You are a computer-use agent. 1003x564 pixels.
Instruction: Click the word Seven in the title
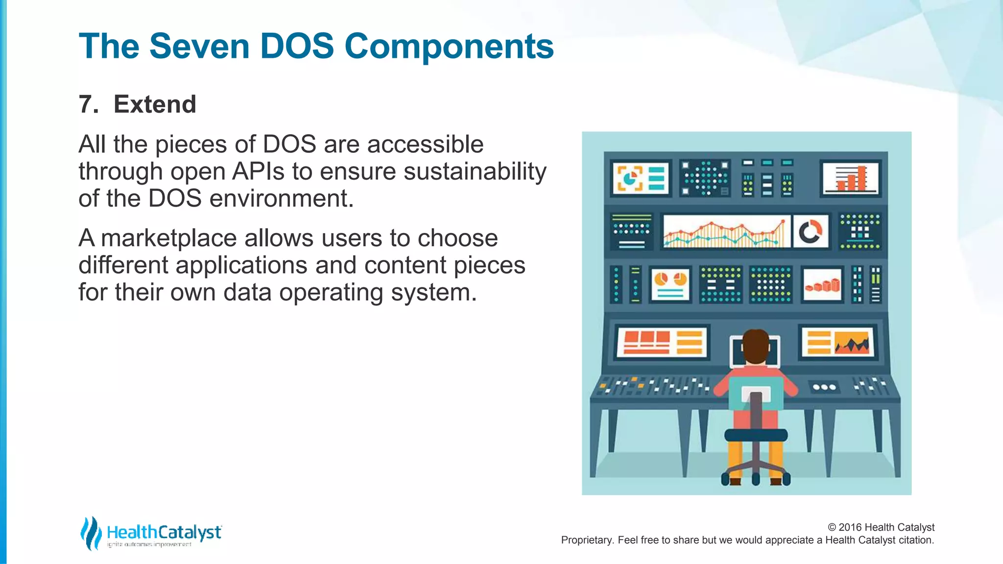click(x=199, y=47)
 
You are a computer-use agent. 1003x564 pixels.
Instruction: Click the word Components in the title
click(x=449, y=47)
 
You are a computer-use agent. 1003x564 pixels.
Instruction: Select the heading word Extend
click(x=155, y=104)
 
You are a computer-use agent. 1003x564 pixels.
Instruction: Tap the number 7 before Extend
click(x=86, y=104)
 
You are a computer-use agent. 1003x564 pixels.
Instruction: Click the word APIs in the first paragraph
click(x=258, y=171)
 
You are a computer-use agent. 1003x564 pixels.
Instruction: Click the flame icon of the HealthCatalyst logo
click(x=91, y=533)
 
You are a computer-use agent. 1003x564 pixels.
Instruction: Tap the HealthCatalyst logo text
click(x=164, y=532)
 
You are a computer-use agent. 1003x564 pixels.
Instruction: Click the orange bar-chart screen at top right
click(x=851, y=178)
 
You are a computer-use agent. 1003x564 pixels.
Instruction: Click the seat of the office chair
click(x=756, y=434)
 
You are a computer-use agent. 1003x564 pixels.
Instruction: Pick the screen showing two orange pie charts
click(x=670, y=284)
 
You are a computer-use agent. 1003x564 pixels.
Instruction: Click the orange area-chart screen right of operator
click(x=837, y=342)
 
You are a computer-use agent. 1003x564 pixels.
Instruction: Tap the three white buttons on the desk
click(x=824, y=387)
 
